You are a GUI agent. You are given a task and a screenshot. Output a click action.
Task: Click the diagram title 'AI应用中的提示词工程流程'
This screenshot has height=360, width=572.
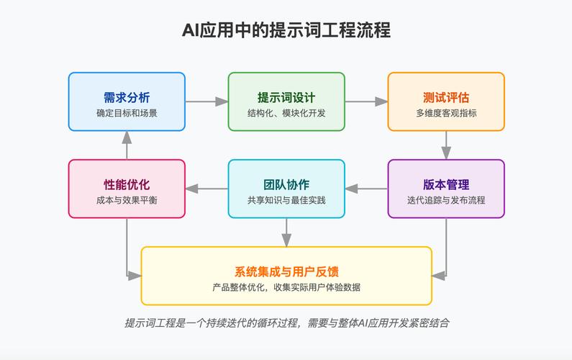pyautogui.click(x=286, y=31)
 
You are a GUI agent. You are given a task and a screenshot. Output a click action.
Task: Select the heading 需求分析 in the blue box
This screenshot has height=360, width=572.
pyautogui.click(x=127, y=96)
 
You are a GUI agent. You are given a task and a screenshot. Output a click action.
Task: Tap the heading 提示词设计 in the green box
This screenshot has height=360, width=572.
pyautogui.click(x=286, y=96)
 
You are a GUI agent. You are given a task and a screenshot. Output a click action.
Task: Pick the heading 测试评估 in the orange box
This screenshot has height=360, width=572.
pyautogui.click(x=446, y=96)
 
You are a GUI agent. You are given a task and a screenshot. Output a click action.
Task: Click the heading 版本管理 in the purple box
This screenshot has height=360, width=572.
pyautogui.click(x=446, y=184)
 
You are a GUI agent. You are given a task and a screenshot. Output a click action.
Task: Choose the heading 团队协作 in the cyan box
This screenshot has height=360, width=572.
pyautogui.click(x=286, y=184)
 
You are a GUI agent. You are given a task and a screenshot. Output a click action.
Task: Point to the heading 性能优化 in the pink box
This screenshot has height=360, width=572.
pyautogui.click(x=127, y=184)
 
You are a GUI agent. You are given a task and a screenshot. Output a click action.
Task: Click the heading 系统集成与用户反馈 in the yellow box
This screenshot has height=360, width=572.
pyautogui.click(x=286, y=271)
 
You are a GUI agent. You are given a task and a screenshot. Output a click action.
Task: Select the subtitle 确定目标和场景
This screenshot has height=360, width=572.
pyautogui.click(x=127, y=113)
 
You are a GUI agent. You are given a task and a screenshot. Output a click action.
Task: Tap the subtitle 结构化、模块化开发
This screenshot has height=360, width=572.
pyautogui.click(x=286, y=113)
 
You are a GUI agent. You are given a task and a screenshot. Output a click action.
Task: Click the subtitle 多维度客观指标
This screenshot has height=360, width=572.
pyautogui.click(x=446, y=113)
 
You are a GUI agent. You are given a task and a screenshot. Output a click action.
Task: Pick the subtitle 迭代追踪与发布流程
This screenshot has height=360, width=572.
pyautogui.click(x=446, y=200)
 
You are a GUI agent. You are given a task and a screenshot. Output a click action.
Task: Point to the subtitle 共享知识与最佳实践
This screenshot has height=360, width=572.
pyautogui.click(x=286, y=200)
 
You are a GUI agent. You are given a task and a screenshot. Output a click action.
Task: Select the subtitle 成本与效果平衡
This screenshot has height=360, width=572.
pyautogui.click(x=127, y=200)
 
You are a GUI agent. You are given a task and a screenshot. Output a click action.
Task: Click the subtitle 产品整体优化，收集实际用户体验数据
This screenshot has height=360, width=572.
pyautogui.click(x=286, y=287)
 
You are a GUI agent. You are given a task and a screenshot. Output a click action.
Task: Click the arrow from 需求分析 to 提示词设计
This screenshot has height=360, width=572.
pyautogui.click(x=206, y=102)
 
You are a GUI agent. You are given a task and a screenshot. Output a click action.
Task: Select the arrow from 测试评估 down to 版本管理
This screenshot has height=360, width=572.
pyautogui.click(x=446, y=145)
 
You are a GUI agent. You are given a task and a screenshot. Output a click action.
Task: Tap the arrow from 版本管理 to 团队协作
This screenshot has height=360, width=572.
pyautogui.click(x=366, y=189)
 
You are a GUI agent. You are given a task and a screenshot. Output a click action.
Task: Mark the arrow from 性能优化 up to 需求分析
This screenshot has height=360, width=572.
pyautogui.click(x=127, y=145)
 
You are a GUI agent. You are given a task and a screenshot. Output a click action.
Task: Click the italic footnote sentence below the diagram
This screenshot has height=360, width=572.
pyautogui.click(x=286, y=323)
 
